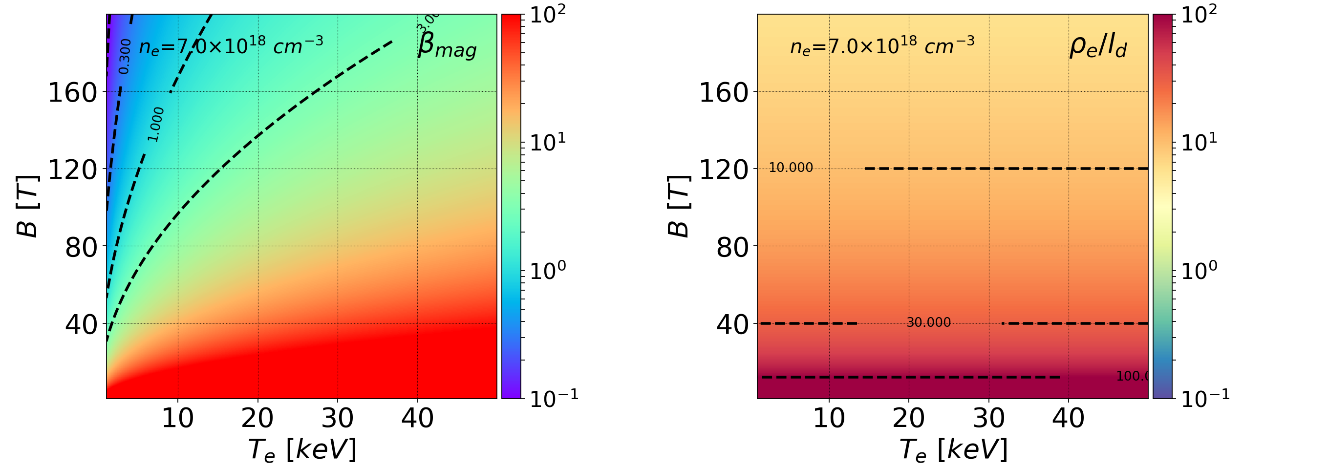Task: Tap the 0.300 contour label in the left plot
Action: (124, 57)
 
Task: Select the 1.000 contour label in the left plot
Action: (155, 125)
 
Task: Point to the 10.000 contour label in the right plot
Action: (791, 168)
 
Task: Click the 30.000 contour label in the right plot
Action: (928, 322)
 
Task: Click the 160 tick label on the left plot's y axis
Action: (73, 93)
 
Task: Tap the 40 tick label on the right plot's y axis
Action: (732, 325)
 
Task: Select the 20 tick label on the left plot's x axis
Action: (257, 418)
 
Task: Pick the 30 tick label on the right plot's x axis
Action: (988, 418)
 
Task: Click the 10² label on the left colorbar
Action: (547, 14)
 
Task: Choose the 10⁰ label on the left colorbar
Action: (547, 270)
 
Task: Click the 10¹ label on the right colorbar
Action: (1199, 142)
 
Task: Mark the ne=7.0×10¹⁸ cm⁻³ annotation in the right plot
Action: (882, 45)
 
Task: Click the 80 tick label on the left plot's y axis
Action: (81, 248)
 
